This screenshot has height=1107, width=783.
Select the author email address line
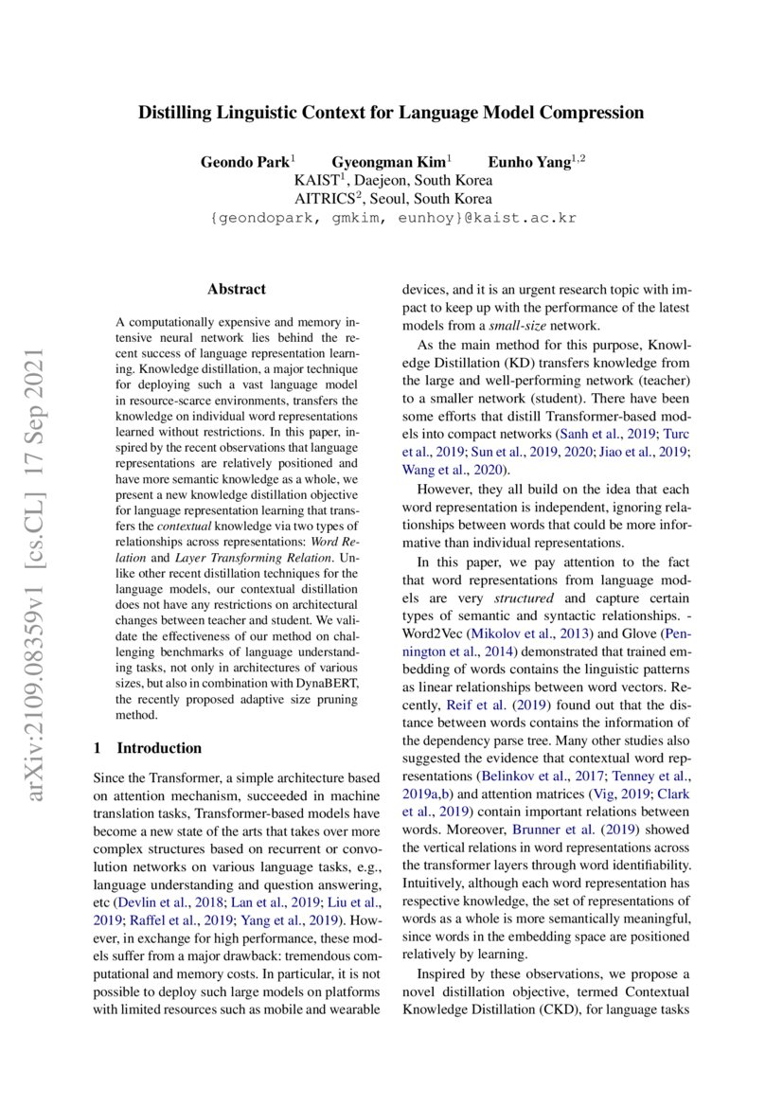click(392, 218)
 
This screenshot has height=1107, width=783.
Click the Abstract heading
click(237, 289)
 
